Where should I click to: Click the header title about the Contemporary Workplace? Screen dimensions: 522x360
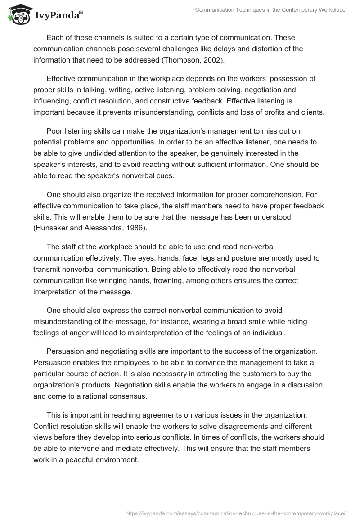270,9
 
